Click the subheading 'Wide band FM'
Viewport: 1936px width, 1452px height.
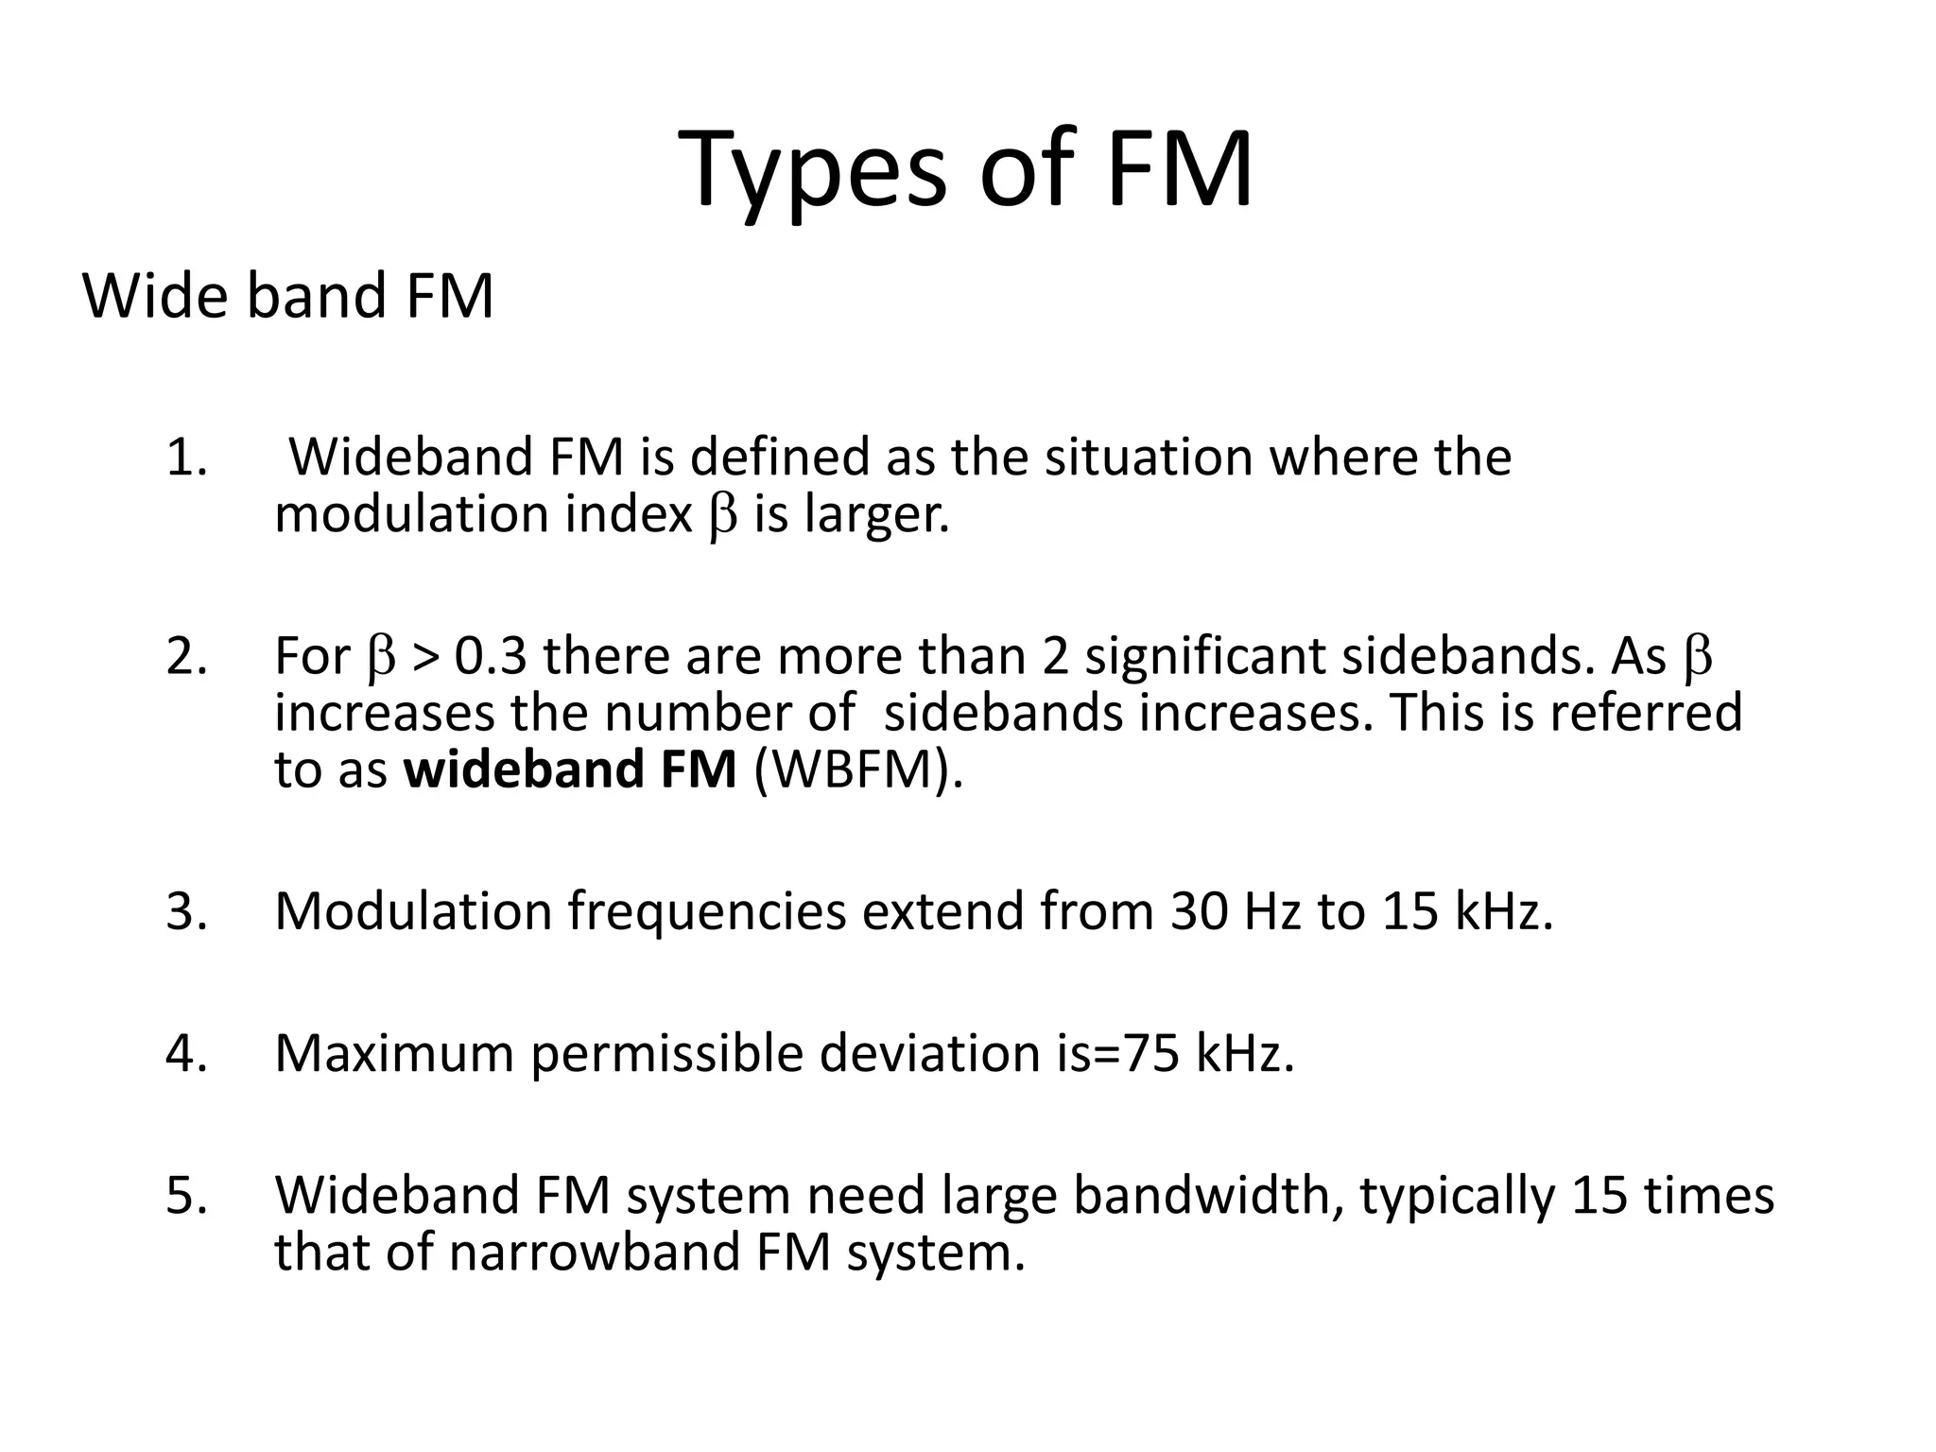click(x=288, y=296)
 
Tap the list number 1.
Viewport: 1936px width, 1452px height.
click(x=186, y=458)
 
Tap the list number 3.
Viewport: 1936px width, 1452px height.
click(x=186, y=912)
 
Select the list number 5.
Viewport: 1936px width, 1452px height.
click(x=186, y=1196)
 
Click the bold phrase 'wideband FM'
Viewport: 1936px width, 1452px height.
click(x=570, y=769)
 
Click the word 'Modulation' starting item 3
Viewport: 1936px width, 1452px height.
click(x=413, y=912)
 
